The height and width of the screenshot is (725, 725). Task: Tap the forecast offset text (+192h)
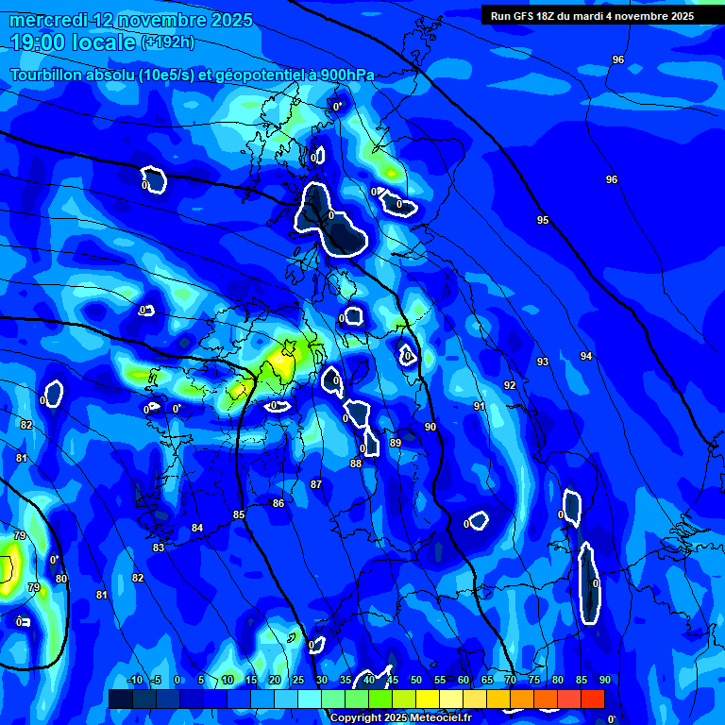point(167,42)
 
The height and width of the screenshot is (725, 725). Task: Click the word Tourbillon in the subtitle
point(47,76)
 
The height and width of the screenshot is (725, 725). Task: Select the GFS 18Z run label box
point(592,16)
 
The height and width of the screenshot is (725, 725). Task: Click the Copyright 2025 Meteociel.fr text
point(400,717)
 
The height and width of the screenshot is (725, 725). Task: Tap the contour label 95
point(543,220)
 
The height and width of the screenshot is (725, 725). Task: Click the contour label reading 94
point(586,356)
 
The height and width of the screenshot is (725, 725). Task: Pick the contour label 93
point(543,362)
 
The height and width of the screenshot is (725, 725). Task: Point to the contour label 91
point(480,406)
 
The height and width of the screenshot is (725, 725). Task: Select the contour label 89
point(396,443)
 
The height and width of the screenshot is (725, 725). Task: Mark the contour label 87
point(316,484)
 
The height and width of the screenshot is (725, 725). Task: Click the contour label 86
point(278,503)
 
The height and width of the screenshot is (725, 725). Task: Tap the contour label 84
point(197,528)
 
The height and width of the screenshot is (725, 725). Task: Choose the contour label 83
point(159,548)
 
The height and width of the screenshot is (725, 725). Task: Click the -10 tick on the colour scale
point(135,680)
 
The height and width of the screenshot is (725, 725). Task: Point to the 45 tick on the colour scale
point(392,680)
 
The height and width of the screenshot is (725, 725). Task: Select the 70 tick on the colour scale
point(510,680)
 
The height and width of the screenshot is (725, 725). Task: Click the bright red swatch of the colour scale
point(593,699)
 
